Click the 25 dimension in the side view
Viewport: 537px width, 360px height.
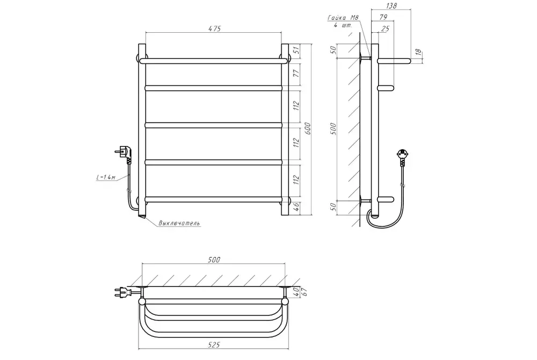384,28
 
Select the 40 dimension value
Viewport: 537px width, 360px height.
296,290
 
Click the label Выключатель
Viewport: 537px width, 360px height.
179,223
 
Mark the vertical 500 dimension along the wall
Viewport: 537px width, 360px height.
333,129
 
